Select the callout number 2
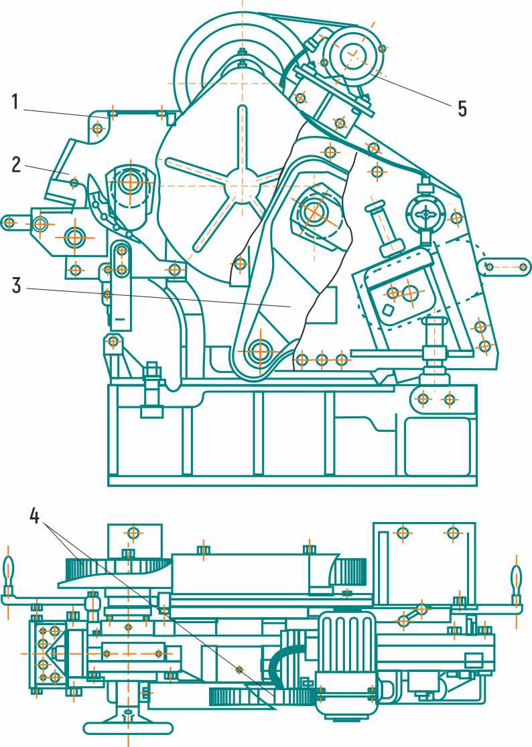click(x=16, y=165)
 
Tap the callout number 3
click(x=16, y=285)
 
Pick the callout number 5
click(x=462, y=108)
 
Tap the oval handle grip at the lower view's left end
click(x=8, y=572)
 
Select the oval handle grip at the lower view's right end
click(x=517, y=578)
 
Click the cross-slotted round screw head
click(x=426, y=214)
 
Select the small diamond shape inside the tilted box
click(x=387, y=309)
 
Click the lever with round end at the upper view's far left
click(x=20, y=221)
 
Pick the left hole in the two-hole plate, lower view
click(x=403, y=533)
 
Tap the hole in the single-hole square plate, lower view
click(x=133, y=533)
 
